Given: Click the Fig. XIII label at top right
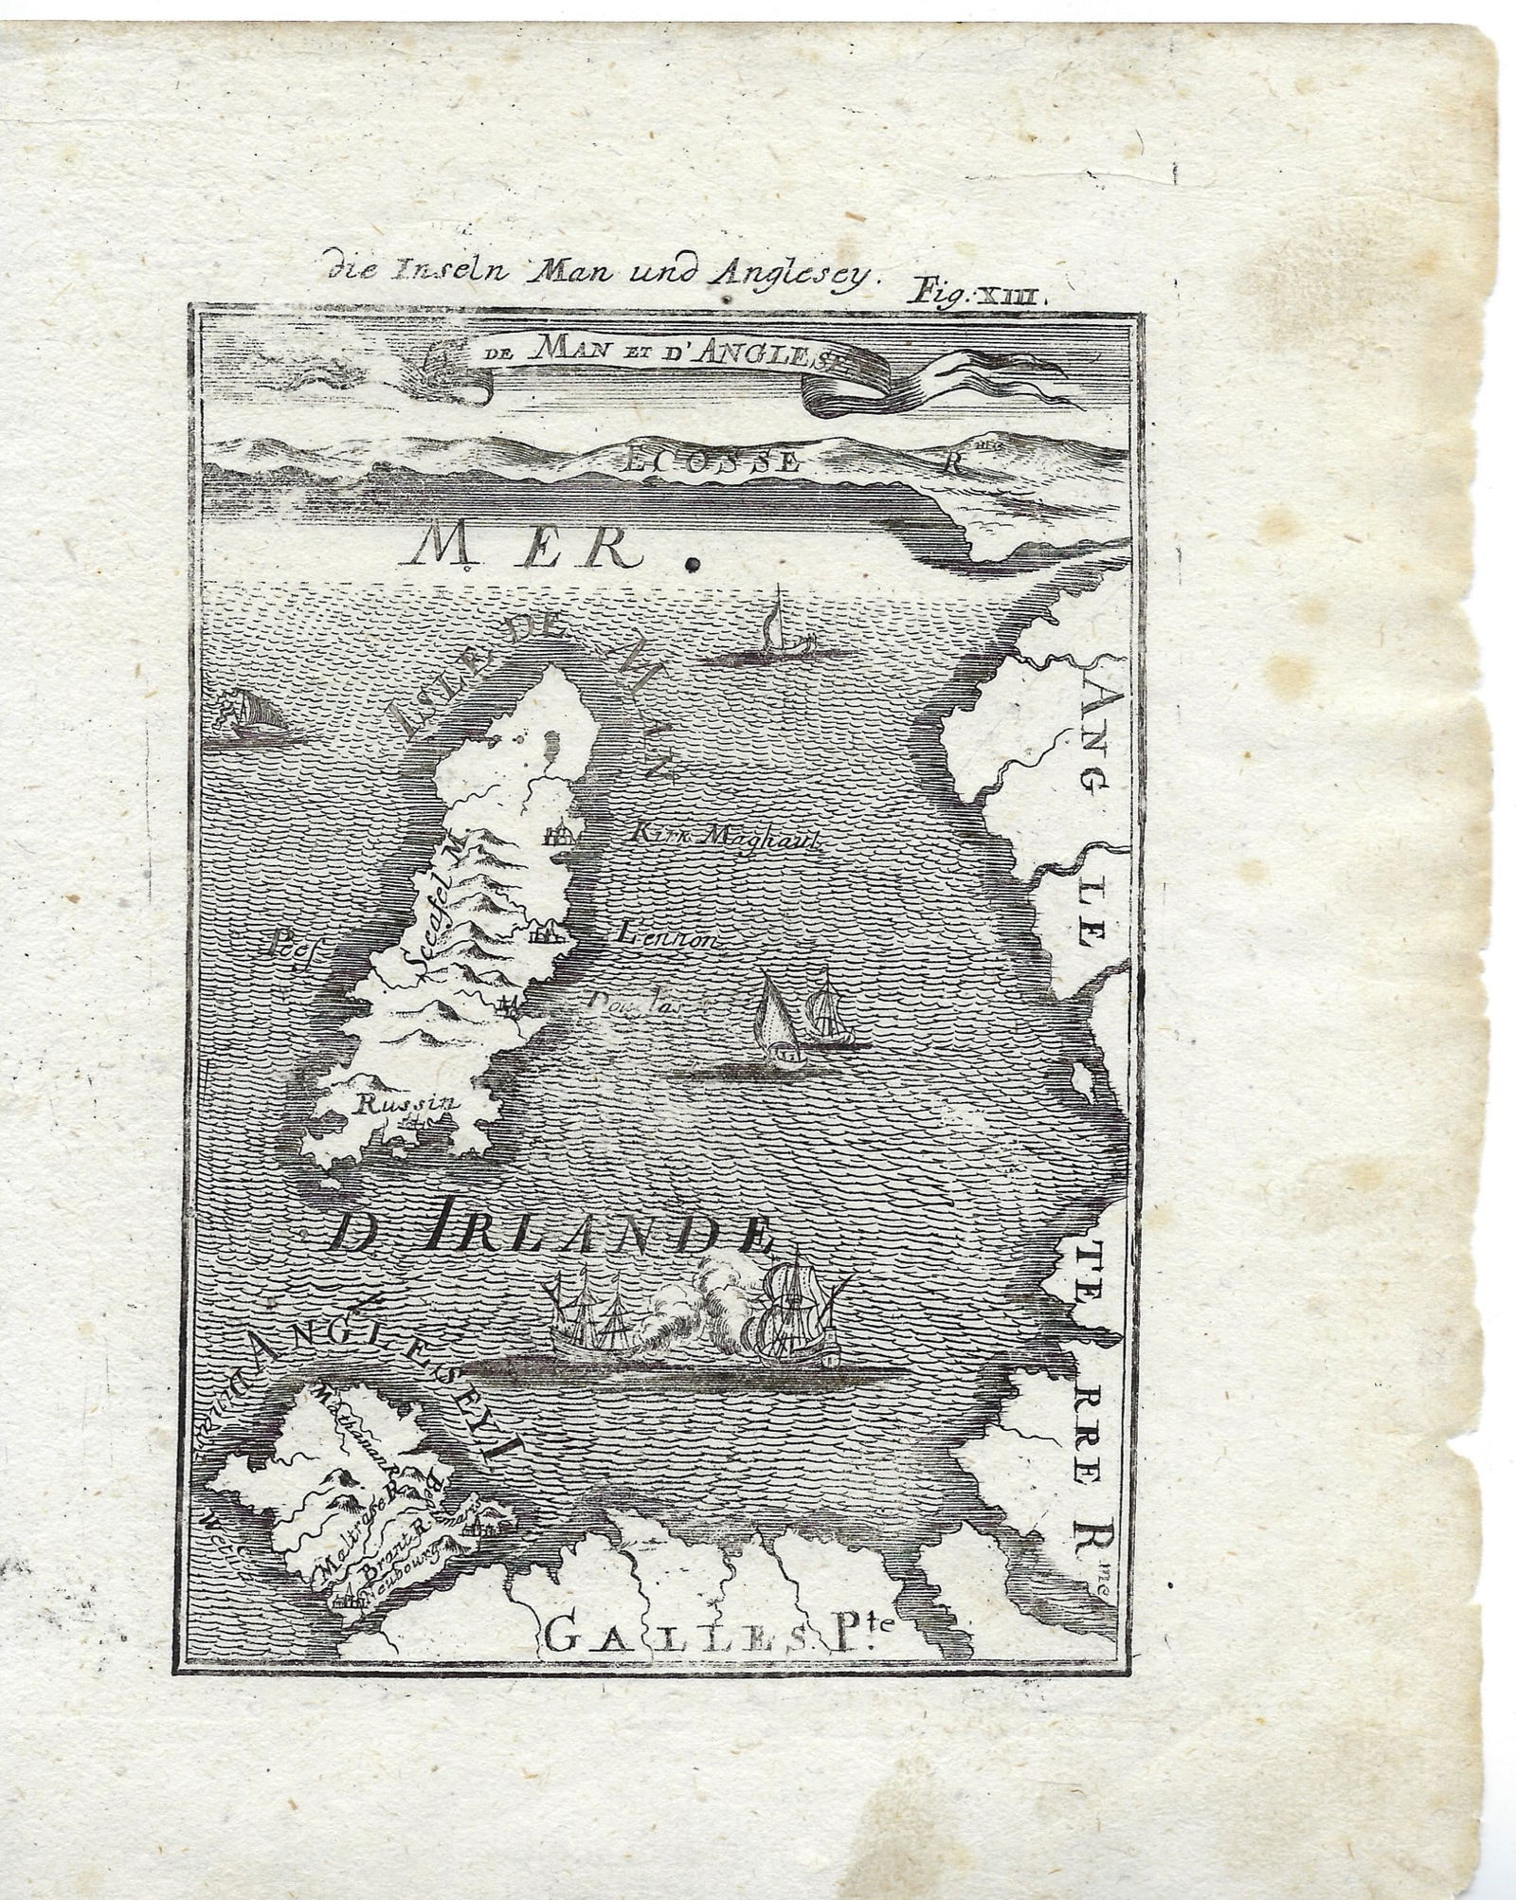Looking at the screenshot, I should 977,290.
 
